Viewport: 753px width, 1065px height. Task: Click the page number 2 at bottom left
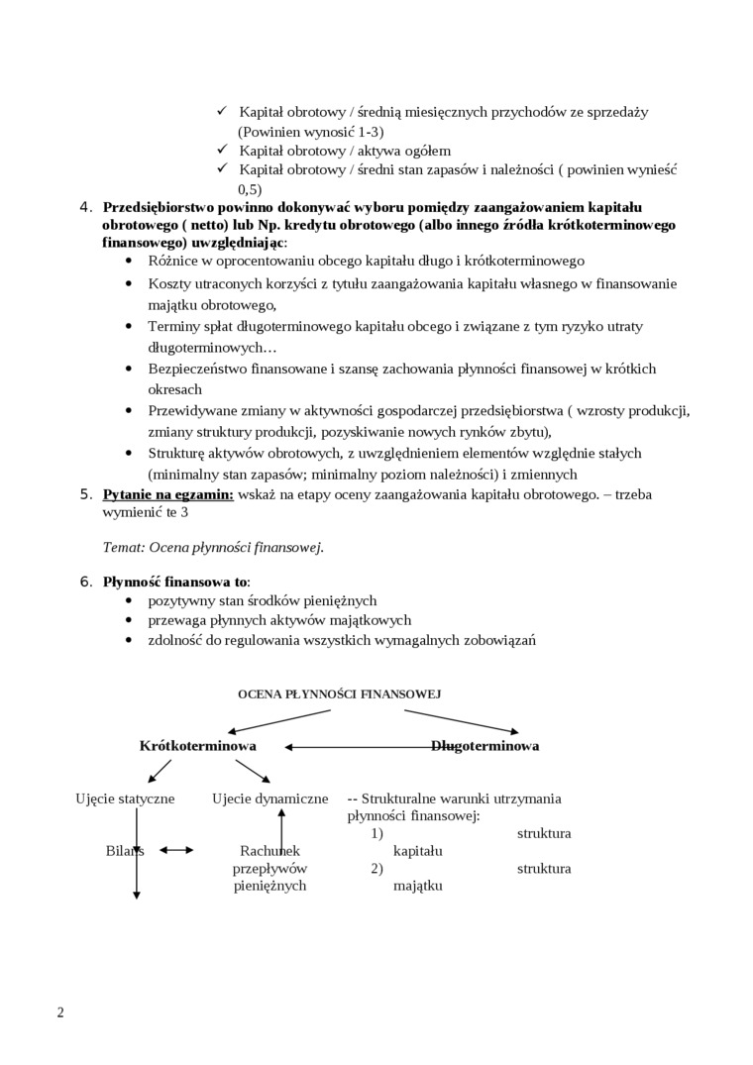(60, 1012)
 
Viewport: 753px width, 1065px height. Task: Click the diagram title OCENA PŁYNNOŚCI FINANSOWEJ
(339, 694)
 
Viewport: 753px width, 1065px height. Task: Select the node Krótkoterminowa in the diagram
(198, 746)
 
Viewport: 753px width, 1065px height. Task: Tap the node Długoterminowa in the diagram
(484, 746)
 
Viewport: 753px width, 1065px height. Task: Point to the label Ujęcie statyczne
(125, 799)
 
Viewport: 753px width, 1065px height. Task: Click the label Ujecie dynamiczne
(269, 799)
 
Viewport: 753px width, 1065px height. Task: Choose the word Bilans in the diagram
(125, 850)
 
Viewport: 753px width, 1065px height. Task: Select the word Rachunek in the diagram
(269, 850)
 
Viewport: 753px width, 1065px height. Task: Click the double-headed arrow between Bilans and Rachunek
(176, 850)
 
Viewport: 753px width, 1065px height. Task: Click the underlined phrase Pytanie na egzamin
(168, 494)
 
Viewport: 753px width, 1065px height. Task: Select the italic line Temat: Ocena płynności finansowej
(213, 546)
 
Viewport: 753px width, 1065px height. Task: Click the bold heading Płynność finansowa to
(175, 582)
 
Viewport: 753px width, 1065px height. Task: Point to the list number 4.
(84, 206)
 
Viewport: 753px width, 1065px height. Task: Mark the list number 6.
(84, 582)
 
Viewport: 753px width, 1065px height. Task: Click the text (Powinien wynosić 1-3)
(310, 131)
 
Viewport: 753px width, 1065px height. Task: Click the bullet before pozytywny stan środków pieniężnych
(130, 601)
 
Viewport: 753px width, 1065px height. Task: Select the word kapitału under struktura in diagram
(417, 851)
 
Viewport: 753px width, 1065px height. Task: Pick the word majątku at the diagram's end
(417, 886)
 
